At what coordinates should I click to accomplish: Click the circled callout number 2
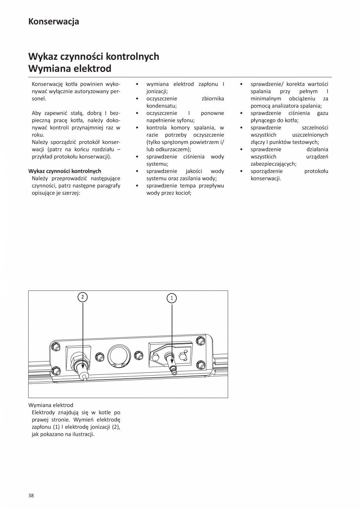(x=82, y=297)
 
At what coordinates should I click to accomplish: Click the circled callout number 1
(x=172, y=298)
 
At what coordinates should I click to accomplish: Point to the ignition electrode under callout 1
(x=173, y=368)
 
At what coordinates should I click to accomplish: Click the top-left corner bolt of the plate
(x=56, y=346)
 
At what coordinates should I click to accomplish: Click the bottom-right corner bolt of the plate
(x=201, y=365)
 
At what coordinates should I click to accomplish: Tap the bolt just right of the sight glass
(x=139, y=355)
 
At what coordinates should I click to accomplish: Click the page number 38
(x=31, y=496)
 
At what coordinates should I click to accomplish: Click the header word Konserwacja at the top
(x=54, y=22)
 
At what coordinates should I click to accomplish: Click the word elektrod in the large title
(x=94, y=69)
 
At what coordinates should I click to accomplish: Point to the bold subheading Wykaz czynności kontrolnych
(x=65, y=171)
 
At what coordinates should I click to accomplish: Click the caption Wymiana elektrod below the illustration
(x=50, y=405)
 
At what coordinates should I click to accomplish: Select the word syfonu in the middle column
(x=185, y=121)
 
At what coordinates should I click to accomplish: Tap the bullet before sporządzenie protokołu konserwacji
(x=241, y=171)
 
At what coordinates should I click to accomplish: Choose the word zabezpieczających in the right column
(x=273, y=164)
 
